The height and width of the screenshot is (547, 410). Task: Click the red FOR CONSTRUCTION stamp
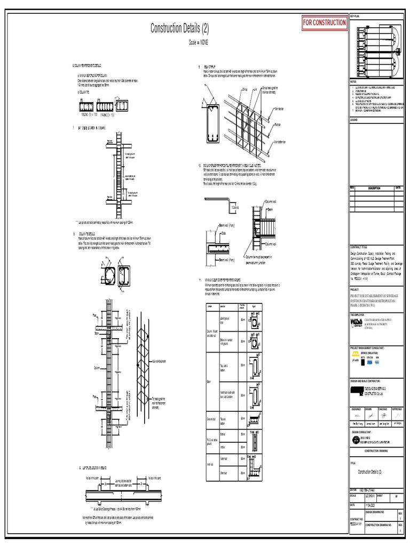point(324,23)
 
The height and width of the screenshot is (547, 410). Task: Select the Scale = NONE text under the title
point(198,41)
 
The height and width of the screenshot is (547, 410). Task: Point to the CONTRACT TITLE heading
point(359,247)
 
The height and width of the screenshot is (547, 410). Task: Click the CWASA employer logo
point(356,324)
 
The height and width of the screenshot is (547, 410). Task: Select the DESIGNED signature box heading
point(357,408)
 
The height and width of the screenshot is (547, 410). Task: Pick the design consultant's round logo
point(357,440)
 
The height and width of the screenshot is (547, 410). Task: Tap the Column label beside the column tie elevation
point(97,368)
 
